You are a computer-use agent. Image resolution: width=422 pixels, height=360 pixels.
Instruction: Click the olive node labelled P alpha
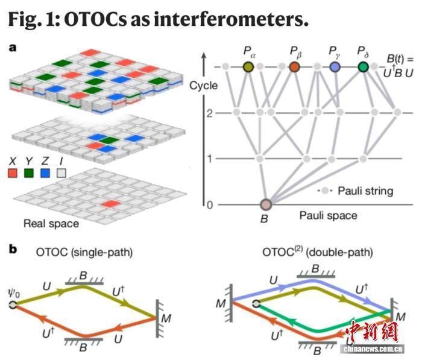tap(248, 67)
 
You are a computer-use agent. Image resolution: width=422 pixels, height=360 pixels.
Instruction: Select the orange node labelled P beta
tap(295, 67)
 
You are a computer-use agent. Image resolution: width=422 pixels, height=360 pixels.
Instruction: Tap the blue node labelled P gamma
tap(335, 67)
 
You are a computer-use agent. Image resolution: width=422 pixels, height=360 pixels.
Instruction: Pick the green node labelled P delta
tap(363, 67)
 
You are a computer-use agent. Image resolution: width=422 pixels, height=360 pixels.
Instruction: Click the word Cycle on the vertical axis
tap(203, 86)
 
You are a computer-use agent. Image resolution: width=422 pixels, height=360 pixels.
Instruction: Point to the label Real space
tap(51, 224)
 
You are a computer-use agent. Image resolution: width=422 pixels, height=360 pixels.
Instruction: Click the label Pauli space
tap(328, 215)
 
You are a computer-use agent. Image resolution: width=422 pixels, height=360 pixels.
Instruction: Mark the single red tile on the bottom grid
tap(110, 204)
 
